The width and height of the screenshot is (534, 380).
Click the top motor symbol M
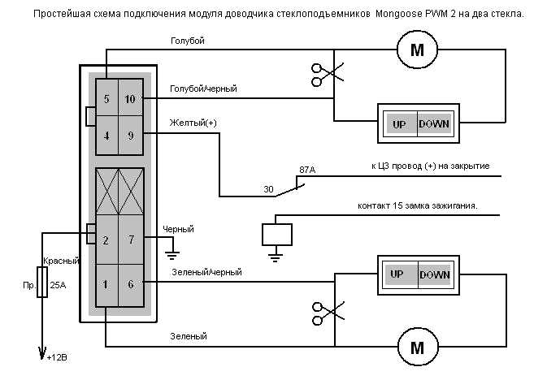pyautogui.click(x=417, y=50)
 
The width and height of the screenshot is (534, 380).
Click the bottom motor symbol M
pyautogui.click(x=417, y=348)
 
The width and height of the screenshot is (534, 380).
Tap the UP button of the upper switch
pyautogui.click(x=398, y=125)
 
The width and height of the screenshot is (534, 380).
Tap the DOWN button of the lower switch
pyautogui.click(x=435, y=274)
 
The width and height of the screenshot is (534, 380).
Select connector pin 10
pyautogui.click(x=130, y=99)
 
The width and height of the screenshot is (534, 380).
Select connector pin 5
pyautogui.click(x=106, y=99)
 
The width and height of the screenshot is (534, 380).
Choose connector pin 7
pyautogui.click(x=130, y=240)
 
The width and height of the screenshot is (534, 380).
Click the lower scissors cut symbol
pyautogui.click(x=322, y=310)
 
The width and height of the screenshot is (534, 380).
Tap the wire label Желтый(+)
pyautogui.click(x=193, y=123)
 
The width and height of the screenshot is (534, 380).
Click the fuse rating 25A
pyautogui.click(x=58, y=286)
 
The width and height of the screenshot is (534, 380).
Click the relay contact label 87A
pyautogui.click(x=307, y=170)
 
